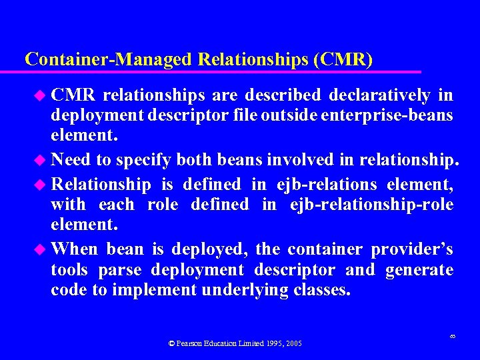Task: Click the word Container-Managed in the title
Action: click(109, 59)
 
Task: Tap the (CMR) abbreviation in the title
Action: click(342, 59)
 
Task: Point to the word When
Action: click(74, 249)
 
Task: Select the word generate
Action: click(419, 270)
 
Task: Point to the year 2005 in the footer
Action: click(294, 343)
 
